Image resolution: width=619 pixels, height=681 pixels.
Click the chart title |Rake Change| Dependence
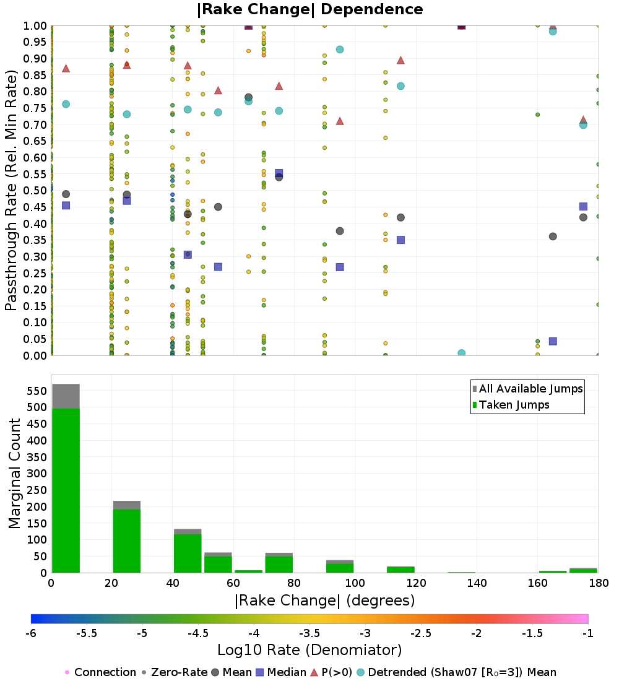[309, 9]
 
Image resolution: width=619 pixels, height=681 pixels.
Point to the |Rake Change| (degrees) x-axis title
[324, 601]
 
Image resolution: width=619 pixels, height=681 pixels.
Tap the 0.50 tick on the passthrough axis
[35, 191]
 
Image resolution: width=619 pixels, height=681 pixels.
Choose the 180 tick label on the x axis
[598, 584]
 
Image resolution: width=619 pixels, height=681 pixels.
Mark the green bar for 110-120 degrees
[400, 570]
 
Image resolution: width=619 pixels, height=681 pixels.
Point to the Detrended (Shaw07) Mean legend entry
[462, 672]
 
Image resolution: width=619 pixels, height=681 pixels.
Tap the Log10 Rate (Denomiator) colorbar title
[309, 651]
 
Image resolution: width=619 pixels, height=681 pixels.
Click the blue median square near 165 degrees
[553, 341]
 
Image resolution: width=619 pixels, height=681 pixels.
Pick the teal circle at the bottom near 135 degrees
[461, 354]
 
